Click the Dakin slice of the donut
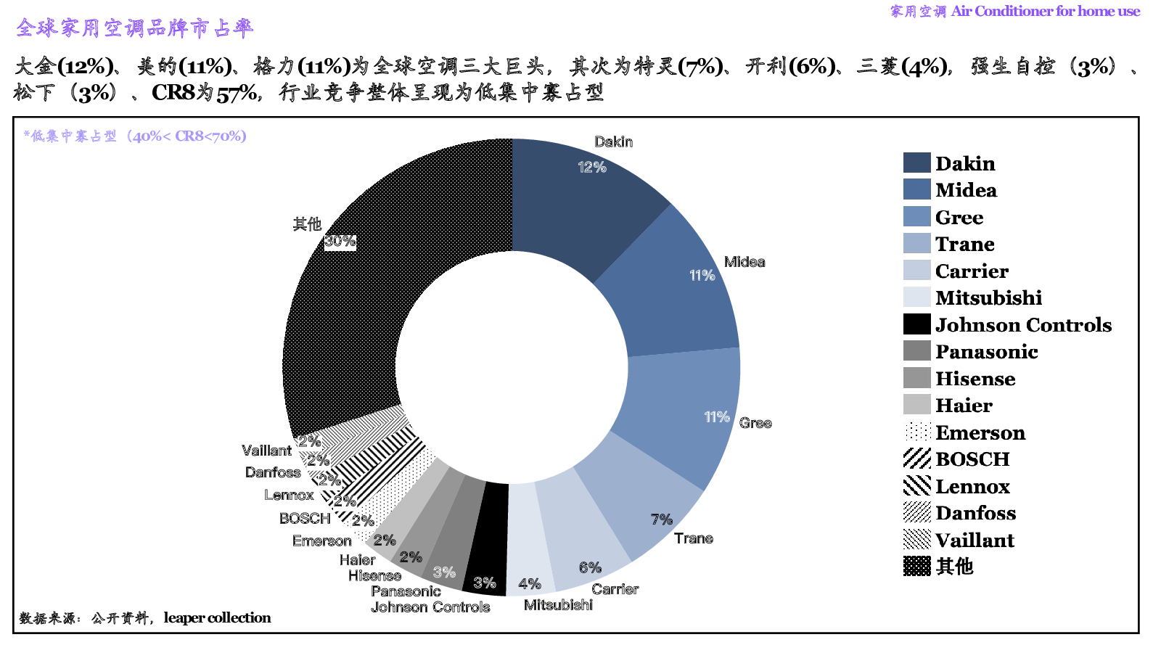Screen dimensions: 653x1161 [573, 203]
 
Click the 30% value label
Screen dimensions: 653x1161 [340, 241]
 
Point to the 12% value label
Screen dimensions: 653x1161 [591, 167]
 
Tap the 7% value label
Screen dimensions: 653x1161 [661, 519]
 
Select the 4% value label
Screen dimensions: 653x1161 [529, 584]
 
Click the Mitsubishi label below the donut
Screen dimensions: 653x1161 [558, 605]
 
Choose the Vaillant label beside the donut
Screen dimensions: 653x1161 [266, 451]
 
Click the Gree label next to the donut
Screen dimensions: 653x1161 [755, 423]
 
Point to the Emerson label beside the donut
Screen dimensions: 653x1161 [321, 541]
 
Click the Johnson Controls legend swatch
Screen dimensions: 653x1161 [916, 324]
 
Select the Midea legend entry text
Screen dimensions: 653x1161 [966, 190]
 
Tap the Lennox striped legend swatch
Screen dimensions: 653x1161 [916, 485]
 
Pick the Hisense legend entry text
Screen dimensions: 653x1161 [975, 379]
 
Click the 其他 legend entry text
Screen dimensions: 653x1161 [954, 567]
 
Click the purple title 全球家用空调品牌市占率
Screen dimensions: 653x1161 [135, 28]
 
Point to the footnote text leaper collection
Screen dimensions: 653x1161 [217, 618]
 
